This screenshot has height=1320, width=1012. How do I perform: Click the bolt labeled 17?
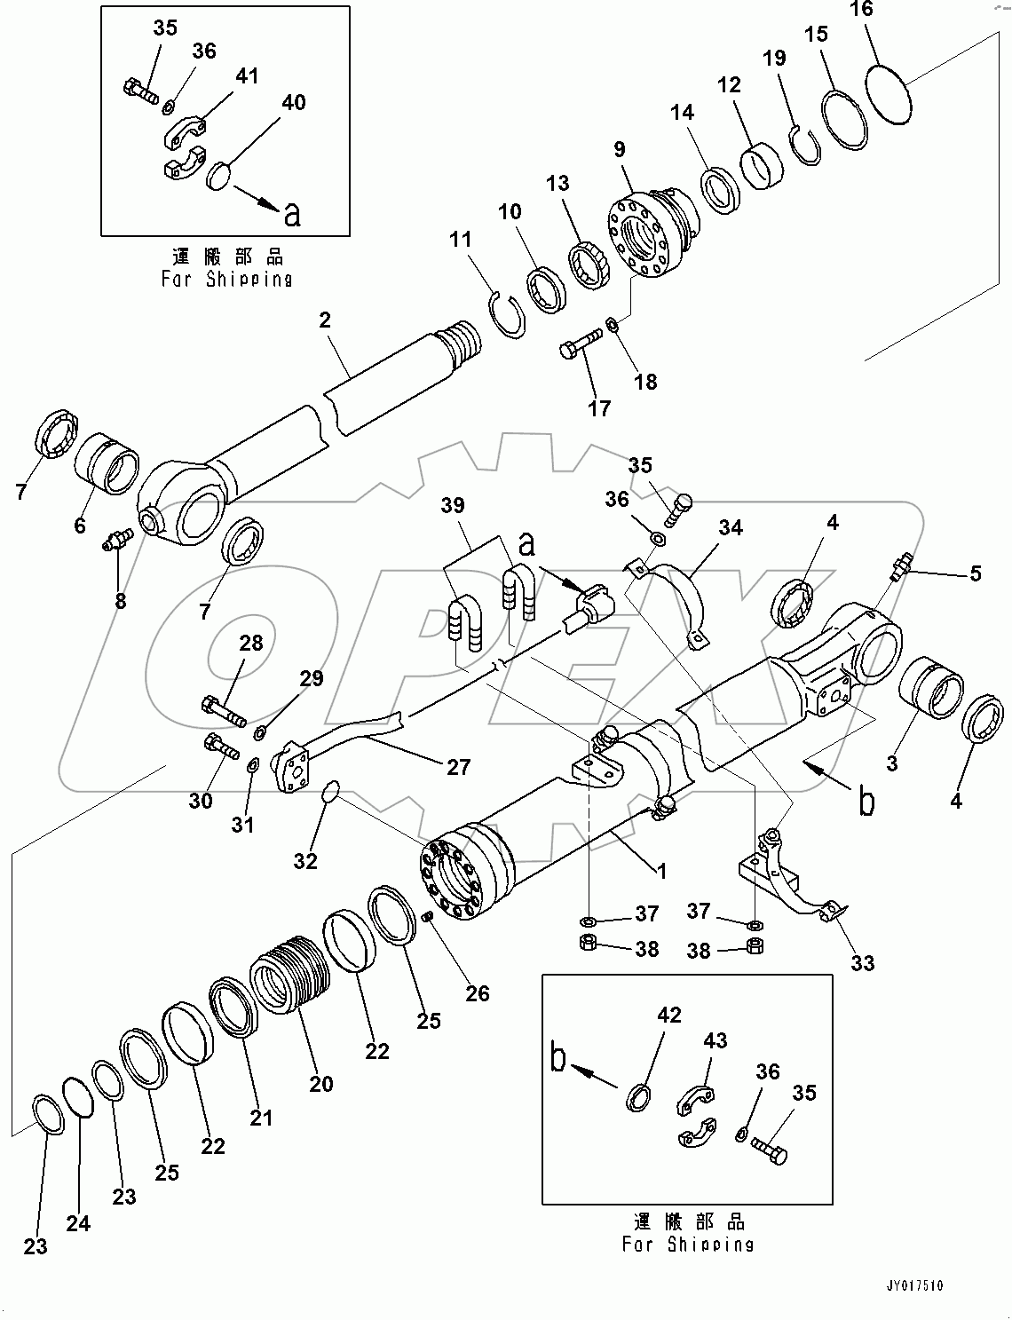[578, 346]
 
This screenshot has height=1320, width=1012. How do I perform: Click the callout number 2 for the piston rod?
[325, 320]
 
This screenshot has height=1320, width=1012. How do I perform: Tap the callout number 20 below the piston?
[320, 1084]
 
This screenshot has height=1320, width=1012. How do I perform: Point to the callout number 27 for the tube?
[458, 767]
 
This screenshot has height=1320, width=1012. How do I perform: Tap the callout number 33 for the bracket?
[863, 963]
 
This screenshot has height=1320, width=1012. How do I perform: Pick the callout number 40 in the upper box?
[293, 103]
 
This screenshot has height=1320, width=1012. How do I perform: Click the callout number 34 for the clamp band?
[730, 529]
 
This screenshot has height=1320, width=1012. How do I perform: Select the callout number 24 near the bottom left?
[78, 1224]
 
